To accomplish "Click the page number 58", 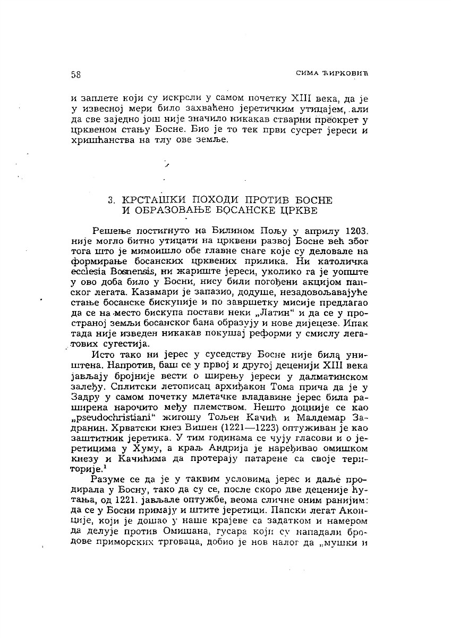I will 75,75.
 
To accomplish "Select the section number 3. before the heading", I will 112,200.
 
